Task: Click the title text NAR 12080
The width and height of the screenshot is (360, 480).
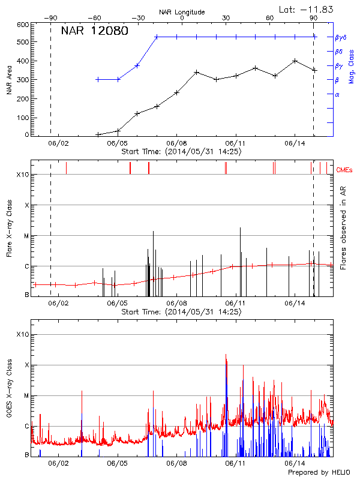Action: [95, 31]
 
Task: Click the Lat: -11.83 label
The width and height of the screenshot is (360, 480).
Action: [307, 9]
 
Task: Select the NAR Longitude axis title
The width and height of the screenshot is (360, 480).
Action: [182, 12]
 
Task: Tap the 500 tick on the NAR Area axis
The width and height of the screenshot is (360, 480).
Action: [23, 43]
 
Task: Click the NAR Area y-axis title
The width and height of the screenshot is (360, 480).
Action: [10, 80]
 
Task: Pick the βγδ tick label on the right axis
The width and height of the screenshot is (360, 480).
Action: [340, 37]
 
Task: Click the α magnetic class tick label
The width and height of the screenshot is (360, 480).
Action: [337, 95]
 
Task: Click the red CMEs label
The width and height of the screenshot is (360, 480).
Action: [347, 170]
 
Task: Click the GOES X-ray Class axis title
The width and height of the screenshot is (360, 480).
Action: [10, 392]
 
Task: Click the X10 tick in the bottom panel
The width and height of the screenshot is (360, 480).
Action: [22, 334]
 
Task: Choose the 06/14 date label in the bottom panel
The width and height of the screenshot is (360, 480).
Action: [296, 463]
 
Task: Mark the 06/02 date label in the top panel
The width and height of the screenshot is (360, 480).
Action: [58, 143]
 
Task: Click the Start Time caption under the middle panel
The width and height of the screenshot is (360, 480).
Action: [181, 312]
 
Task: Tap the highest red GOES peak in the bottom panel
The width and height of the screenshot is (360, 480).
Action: [226, 355]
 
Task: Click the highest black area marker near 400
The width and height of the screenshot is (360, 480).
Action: [295, 61]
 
